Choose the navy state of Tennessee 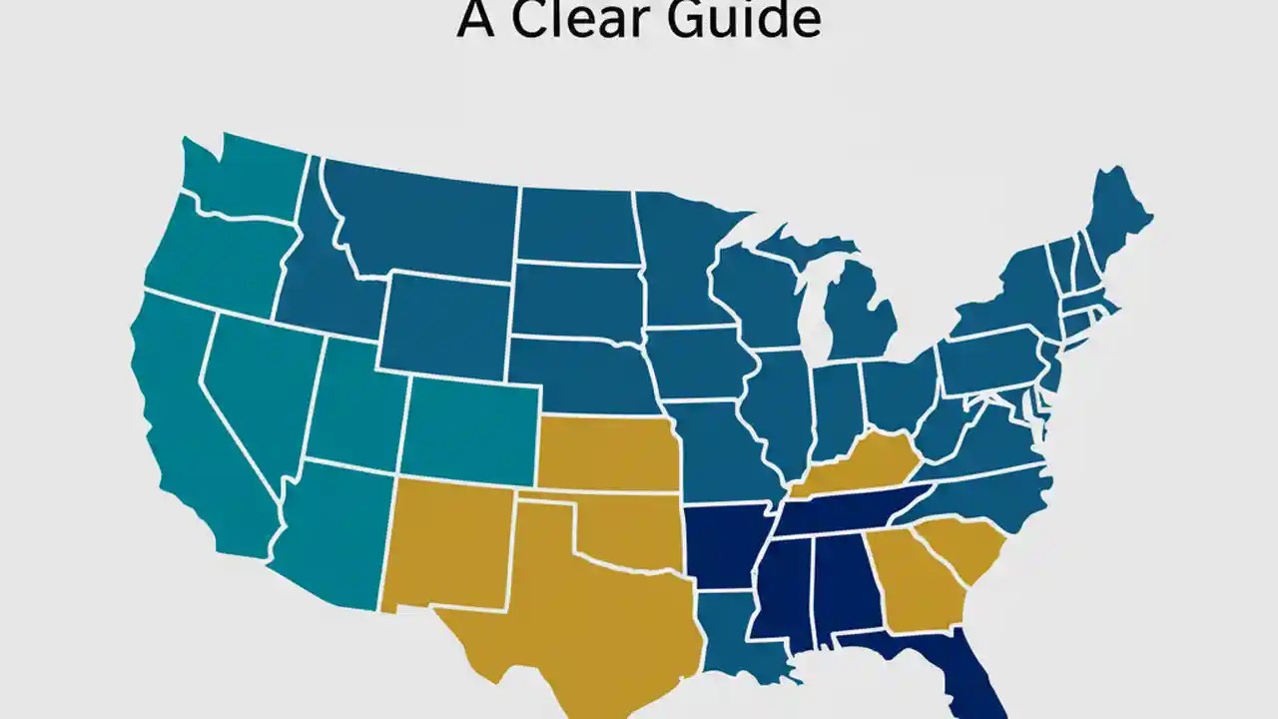[849, 509]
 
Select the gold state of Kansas [609, 454]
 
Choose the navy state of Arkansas [724, 544]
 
